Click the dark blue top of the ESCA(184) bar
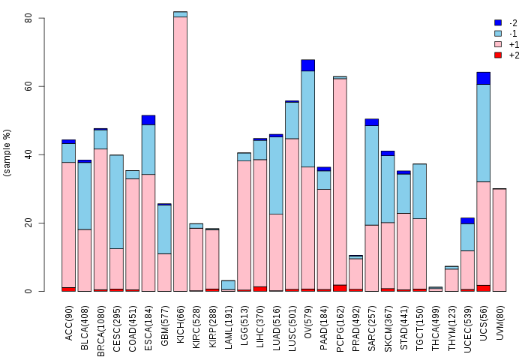148,120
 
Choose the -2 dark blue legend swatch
497,23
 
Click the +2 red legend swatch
497,55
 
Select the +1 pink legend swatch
497,44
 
